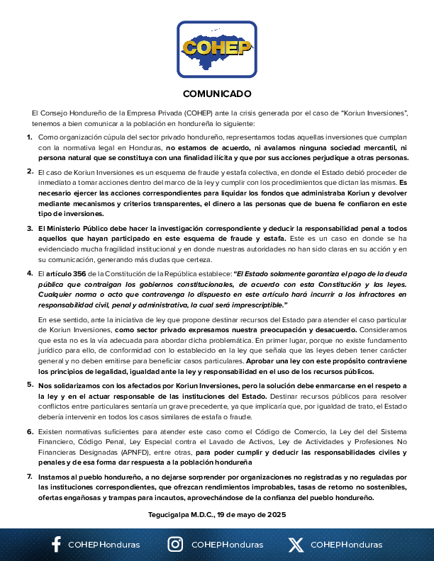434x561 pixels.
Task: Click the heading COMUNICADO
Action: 217,93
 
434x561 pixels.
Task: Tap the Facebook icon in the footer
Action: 56,545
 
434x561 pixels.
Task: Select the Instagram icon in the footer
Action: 175,545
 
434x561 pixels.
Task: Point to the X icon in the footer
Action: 296,545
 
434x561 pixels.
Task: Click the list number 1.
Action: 30,137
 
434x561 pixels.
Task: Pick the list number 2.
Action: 30,171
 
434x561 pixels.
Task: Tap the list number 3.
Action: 30,228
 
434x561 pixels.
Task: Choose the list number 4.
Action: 30,272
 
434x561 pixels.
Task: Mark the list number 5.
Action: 30,385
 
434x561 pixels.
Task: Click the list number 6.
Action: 30,430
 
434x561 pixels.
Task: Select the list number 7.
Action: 30,477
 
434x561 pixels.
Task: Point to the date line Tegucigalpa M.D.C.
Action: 217,514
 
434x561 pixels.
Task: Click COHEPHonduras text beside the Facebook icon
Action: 104,545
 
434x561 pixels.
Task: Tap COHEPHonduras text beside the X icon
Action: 346,545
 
